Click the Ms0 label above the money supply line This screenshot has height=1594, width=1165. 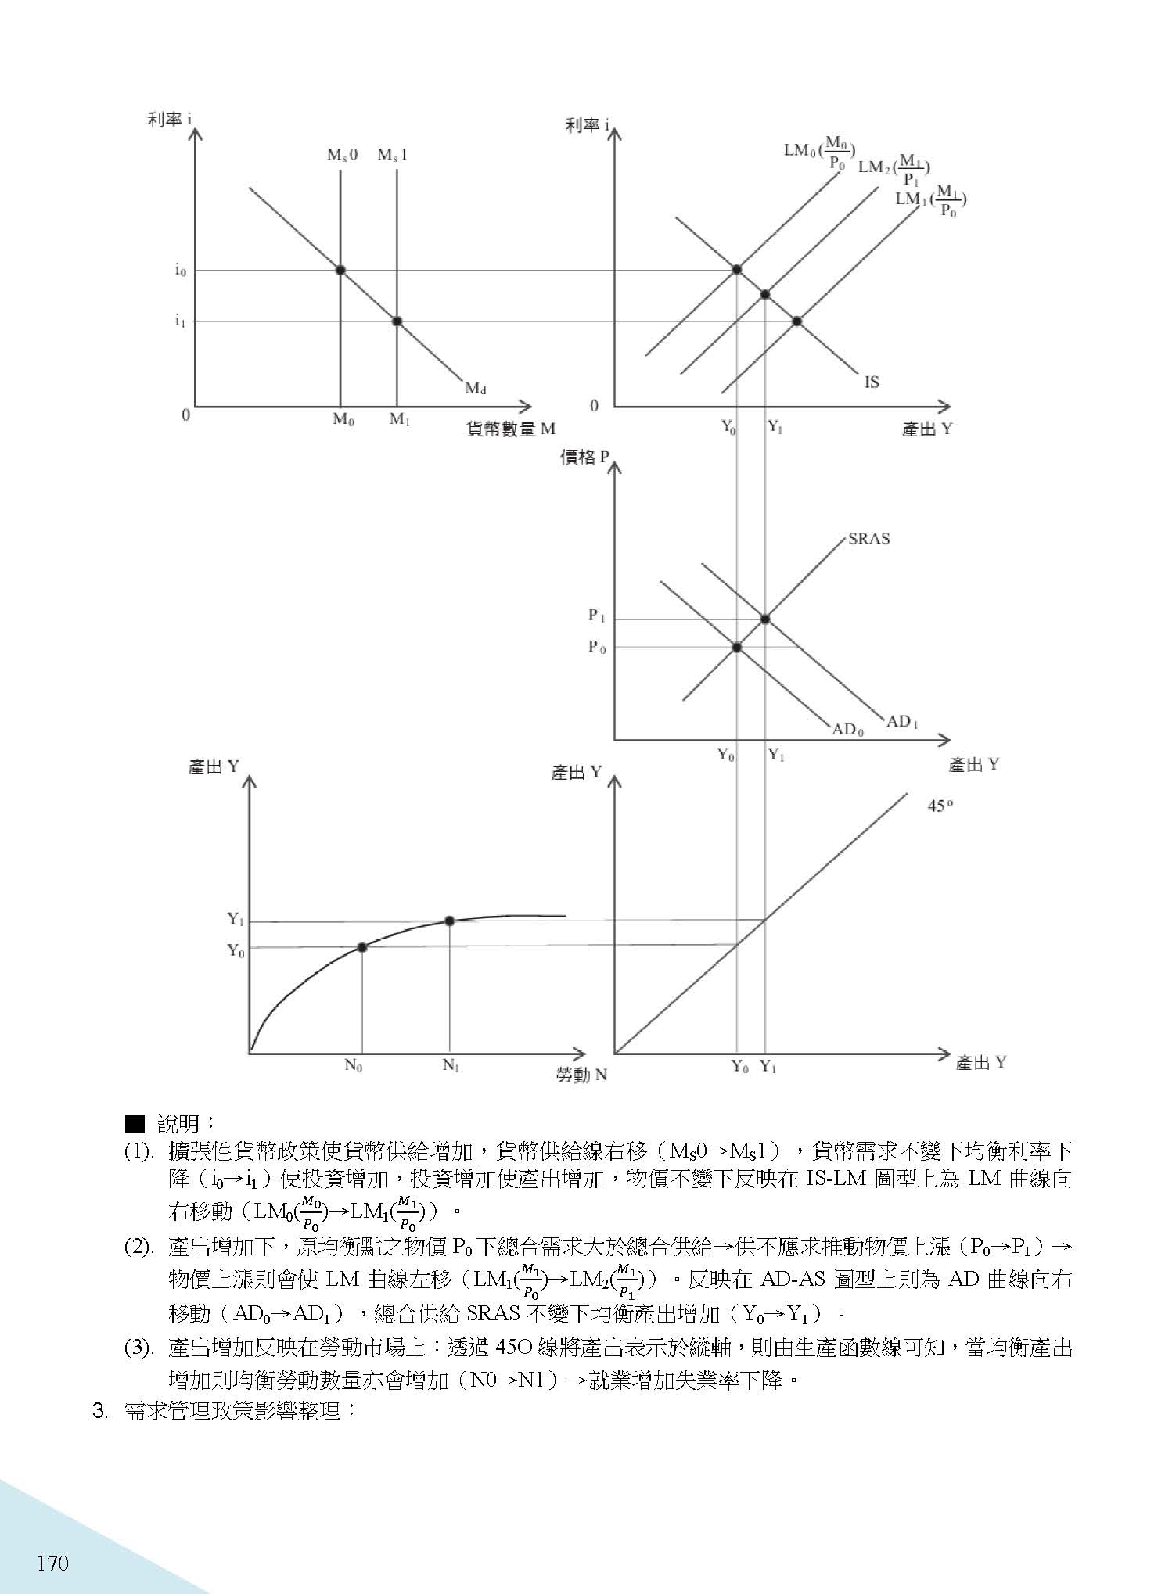pos(342,155)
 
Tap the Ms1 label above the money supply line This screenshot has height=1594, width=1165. pos(392,155)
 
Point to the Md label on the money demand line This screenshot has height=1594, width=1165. pos(476,388)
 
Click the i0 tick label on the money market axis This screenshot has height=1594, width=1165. pos(180,271)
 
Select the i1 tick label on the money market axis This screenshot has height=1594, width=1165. pos(180,321)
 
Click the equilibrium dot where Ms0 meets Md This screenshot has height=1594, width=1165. pos(340,270)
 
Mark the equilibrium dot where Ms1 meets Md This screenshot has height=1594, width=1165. pos(397,321)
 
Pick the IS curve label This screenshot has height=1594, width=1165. pos(872,382)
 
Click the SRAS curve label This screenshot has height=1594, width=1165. pos(868,539)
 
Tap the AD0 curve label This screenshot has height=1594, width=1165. pos(848,730)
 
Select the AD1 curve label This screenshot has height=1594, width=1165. pos(902,721)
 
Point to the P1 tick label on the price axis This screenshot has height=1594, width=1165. pos(597,616)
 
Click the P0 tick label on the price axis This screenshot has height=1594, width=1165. pos(597,648)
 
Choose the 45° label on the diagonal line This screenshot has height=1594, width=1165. pos(939,806)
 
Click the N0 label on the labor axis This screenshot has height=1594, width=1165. pos(354,1065)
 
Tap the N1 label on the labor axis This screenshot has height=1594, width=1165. pos(451,1065)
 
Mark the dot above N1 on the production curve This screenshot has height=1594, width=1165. pos(449,921)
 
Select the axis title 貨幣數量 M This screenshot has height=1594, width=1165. pos(510,429)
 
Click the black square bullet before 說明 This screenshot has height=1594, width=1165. pos(135,1125)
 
